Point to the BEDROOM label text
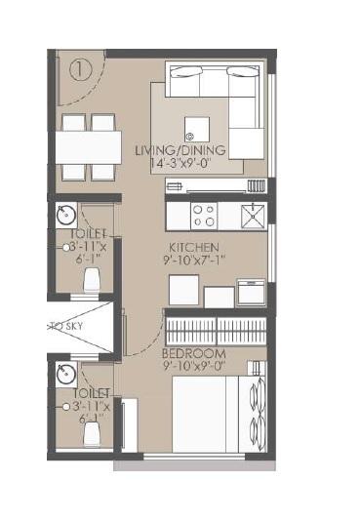click(194, 352)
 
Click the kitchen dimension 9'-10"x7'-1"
click(194, 261)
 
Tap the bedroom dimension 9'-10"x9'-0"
click(194, 367)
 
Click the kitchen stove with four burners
click(204, 214)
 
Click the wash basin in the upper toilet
click(65, 215)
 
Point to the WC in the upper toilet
click(93, 279)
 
